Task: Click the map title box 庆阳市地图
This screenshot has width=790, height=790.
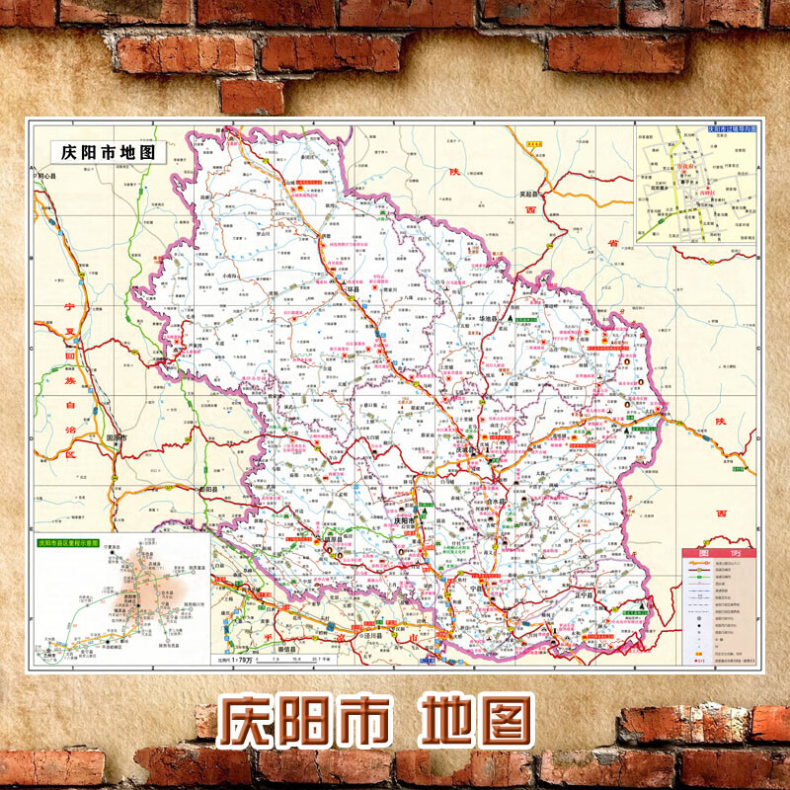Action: (x=109, y=152)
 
